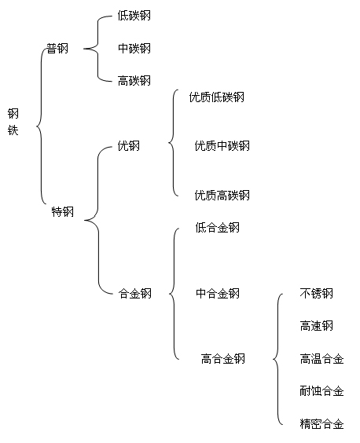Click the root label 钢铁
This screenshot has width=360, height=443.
coord(13,122)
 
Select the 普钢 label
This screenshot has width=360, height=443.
coord(57,49)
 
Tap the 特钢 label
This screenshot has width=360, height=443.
coord(63,211)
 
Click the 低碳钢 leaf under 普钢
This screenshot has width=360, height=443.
coord(134,16)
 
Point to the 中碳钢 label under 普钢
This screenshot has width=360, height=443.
coord(134,49)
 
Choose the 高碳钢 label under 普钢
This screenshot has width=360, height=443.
coord(134,81)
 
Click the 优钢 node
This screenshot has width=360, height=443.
coord(129,146)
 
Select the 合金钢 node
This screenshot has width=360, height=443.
coord(135,294)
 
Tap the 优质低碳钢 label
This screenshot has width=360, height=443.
coord(217,97)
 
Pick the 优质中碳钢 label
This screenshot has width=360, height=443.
coord(222,146)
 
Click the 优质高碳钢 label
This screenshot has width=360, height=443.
coord(222,196)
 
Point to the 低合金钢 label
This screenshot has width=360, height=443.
coord(218,228)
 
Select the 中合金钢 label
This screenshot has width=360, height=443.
coord(218,294)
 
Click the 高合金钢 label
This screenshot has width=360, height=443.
coord(223,359)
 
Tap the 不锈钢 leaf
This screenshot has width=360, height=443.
coord(317,294)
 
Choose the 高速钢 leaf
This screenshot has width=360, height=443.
coord(317,326)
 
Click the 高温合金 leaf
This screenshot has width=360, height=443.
coord(321,359)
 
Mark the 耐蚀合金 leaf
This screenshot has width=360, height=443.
coord(321,391)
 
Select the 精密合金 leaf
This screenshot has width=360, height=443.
coord(321,424)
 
